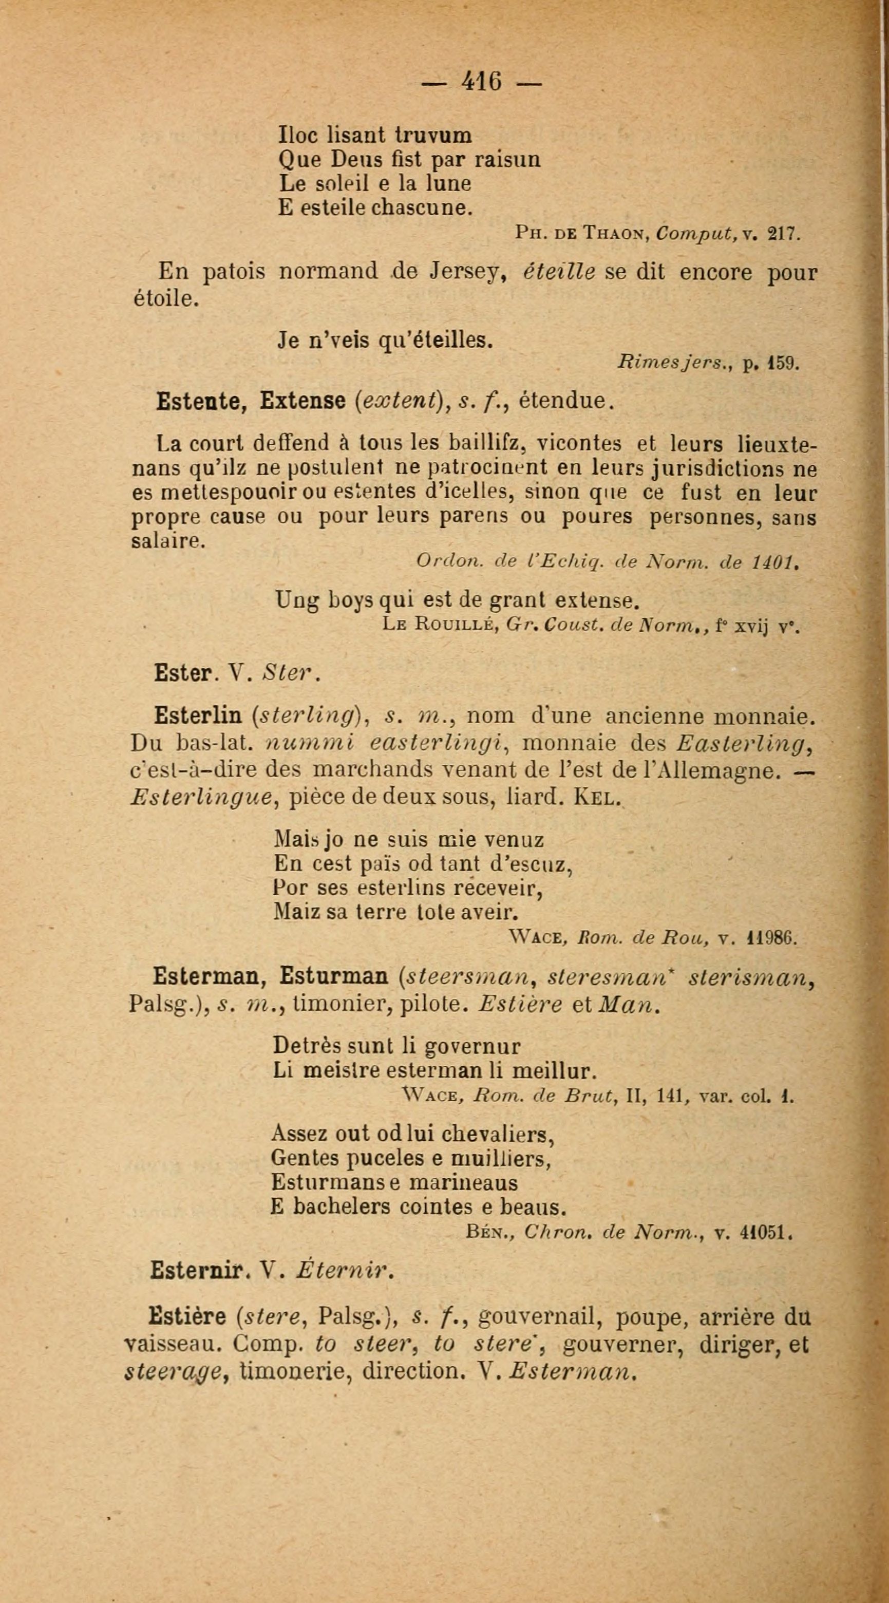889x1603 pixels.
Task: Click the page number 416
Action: click(x=481, y=82)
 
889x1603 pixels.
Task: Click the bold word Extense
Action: click(x=302, y=401)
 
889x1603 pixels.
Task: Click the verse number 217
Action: click(x=782, y=234)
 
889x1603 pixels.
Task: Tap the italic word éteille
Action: click(x=559, y=272)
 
